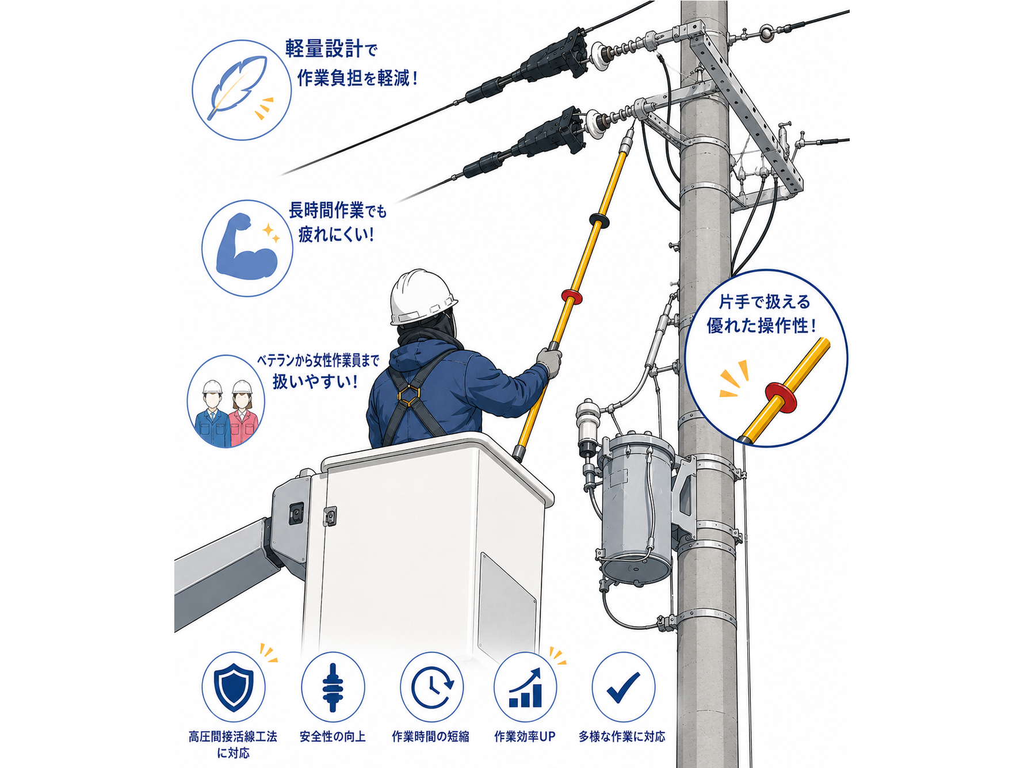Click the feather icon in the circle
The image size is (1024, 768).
238,87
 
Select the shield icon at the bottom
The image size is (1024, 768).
234,687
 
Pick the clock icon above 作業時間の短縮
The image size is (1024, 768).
432,687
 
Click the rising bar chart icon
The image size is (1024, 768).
525,687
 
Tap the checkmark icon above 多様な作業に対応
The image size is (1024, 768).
624,686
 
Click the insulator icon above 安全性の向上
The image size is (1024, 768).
333,687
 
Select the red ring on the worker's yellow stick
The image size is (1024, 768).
572,297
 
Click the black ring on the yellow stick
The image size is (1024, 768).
599,219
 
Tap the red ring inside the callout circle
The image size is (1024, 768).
781,396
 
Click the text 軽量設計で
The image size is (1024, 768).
331,49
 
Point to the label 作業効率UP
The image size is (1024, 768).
525,736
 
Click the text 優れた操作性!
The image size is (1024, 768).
761,326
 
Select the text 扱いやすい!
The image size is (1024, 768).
315,381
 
